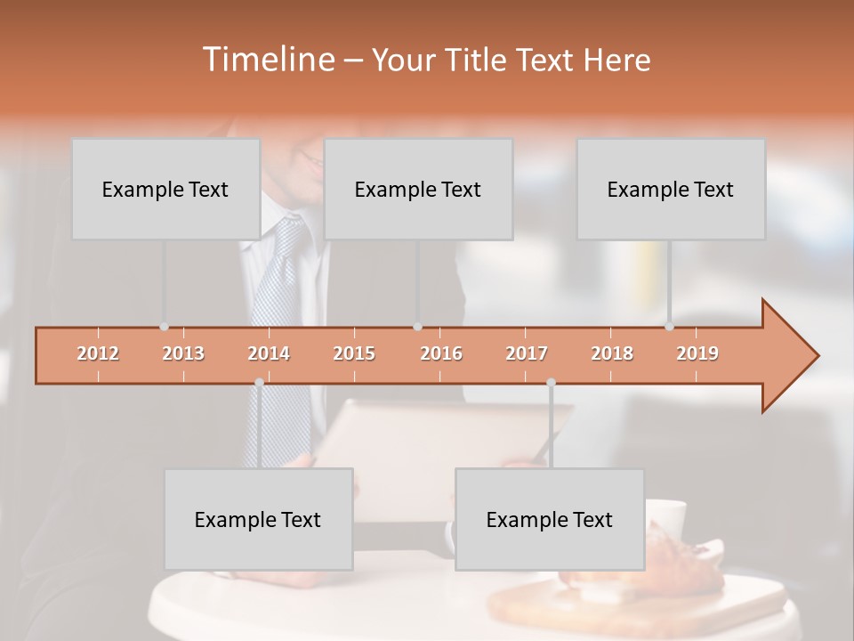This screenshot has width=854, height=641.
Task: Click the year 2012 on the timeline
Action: pyautogui.click(x=98, y=353)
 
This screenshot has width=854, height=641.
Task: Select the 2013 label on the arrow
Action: pyautogui.click(x=183, y=353)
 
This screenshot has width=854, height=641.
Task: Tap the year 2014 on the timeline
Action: pyautogui.click(x=269, y=353)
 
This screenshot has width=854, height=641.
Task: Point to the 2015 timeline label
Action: pyautogui.click(x=354, y=353)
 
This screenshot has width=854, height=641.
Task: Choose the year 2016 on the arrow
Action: pyautogui.click(x=441, y=353)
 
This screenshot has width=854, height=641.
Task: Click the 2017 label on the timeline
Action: pyautogui.click(x=527, y=353)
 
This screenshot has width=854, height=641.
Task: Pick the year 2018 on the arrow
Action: pyautogui.click(x=612, y=353)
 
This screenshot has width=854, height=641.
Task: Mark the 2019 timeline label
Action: pyautogui.click(x=697, y=353)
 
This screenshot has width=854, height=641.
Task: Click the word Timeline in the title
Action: pyautogui.click(x=267, y=60)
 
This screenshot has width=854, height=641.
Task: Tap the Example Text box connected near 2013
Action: pyautogui.click(x=165, y=189)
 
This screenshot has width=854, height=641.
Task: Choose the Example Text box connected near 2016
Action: pyautogui.click(x=418, y=189)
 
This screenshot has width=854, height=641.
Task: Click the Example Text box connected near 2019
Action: pyautogui.click(x=671, y=189)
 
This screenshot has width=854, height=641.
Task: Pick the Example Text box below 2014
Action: pyautogui.click(x=258, y=519)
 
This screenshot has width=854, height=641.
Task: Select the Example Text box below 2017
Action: pyautogui.click(x=550, y=519)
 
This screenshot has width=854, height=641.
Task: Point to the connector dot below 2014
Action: pyautogui.click(x=259, y=382)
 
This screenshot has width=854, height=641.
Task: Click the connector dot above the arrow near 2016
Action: pyautogui.click(x=417, y=327)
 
